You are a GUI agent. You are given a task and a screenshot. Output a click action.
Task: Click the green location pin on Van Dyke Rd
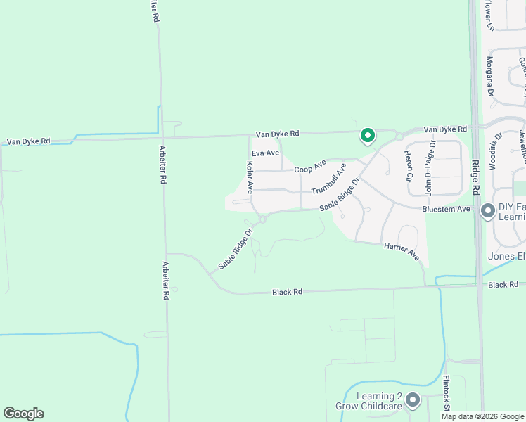366,135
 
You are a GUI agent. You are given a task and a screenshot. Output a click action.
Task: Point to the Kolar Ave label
249,178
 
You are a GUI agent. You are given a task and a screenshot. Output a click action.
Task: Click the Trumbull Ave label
330,179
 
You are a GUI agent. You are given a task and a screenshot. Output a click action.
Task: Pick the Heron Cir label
409,166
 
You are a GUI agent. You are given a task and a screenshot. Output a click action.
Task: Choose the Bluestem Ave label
446,210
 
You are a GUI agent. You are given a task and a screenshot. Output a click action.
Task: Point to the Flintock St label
446,394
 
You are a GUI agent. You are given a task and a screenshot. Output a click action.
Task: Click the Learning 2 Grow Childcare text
379,402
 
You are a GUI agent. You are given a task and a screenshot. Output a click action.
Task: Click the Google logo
23,414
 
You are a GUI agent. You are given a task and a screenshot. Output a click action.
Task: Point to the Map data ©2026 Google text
482,416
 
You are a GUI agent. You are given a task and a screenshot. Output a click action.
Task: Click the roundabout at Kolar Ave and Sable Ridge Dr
262,219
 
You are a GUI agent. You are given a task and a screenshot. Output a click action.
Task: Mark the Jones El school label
506,256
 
